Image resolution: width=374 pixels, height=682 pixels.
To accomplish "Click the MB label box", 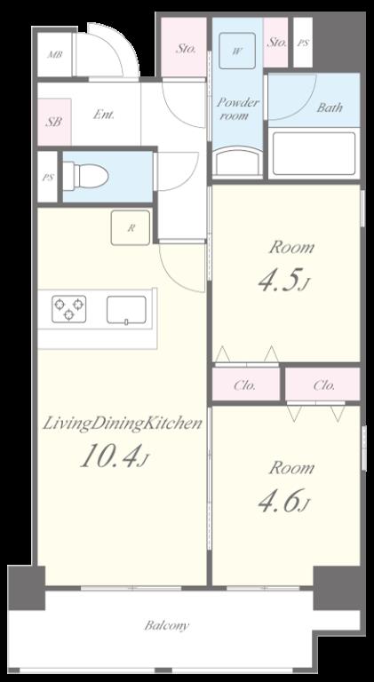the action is [55, 55].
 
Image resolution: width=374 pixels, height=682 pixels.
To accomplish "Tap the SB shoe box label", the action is [54, 123].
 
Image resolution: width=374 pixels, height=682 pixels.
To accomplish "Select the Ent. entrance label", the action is [104, 115].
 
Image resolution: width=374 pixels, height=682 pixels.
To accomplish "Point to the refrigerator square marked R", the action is [131, 227].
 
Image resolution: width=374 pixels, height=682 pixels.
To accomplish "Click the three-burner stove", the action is [68, 309].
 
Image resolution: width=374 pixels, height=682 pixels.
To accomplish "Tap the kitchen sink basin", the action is [126, 310].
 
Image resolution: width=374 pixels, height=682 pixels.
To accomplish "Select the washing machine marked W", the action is [237, 51].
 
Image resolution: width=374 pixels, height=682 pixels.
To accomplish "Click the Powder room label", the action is [238, 108].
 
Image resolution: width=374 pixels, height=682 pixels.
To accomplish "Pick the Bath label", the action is [330, 107].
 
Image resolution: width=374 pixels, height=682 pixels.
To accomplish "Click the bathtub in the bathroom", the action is [314, 153].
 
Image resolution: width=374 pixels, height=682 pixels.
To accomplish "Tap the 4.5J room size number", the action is [283, 282].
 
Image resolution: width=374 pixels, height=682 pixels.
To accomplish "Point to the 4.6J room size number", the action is [283, 502].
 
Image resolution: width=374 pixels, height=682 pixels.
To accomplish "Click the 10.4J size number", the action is [115, 457].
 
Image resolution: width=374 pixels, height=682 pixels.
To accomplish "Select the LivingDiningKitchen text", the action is [123, 424].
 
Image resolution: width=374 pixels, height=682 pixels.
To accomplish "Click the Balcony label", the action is [167, 626].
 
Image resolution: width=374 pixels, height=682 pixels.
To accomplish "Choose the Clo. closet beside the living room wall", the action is [246, 385].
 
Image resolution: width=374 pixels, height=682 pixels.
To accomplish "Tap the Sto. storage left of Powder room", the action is [186, 48].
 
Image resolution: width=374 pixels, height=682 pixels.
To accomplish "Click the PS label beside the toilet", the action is [48, 178].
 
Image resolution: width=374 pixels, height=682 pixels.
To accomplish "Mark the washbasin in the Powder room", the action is [237, 161].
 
